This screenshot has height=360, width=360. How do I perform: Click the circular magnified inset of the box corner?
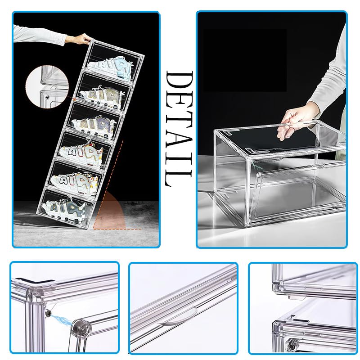[x=47, y=87]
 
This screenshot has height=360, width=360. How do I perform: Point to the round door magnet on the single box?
[x=258, y=175]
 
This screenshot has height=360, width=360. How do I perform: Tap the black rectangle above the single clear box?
[x=245, y=60]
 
